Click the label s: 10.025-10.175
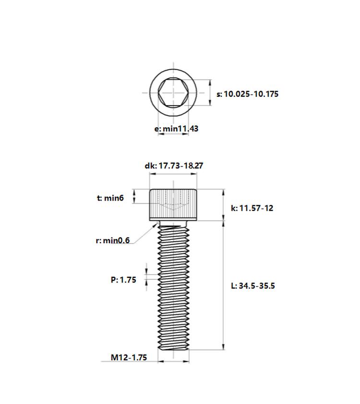click(247, 94)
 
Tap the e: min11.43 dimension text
click(176, 128)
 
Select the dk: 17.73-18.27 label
click(174, 166)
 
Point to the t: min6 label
click(110, 198)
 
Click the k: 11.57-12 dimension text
click(252, 208)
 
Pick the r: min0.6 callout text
click(113, 240)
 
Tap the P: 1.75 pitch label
click(123, 280)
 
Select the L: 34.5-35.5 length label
click(253, 285)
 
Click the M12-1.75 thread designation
click(129, 357)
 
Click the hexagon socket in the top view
click(173, 93)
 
